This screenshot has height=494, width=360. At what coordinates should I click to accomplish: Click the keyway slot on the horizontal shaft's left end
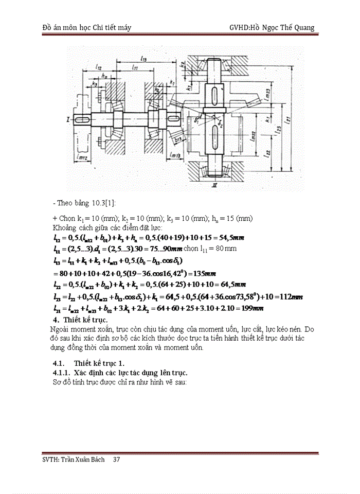coord(83,119)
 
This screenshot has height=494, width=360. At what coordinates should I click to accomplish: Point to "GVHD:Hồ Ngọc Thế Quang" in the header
coord(273,27)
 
